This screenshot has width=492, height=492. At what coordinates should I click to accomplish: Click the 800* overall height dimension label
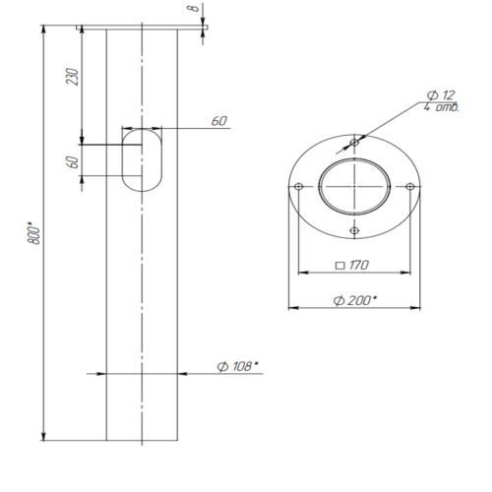(33, 233)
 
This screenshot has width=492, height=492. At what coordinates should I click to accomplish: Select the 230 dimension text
(72, 77)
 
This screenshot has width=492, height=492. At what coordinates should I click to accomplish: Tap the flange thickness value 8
(194, 7)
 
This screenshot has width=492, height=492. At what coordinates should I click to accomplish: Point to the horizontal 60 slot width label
(219, 121)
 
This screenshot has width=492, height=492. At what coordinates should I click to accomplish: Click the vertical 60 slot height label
(73, 162)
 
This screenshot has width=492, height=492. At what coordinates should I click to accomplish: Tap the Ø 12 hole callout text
(441, 95)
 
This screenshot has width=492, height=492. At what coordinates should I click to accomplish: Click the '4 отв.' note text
(442, 107)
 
